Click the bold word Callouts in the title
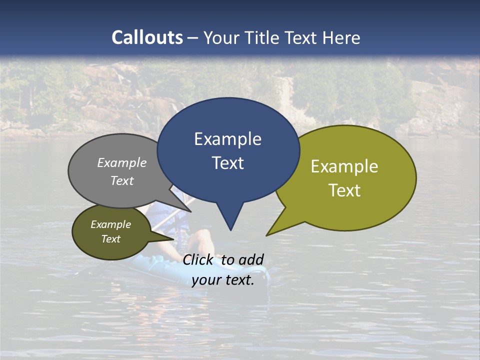[147, 37]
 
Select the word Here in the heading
[342, 37]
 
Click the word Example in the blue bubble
[227, 139]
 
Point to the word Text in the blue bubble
[227, 163]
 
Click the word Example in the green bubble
[344, 166]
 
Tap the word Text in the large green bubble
[344, 190]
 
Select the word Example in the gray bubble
[122, 162]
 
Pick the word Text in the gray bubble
[122, 180]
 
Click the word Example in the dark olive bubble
[110, 224]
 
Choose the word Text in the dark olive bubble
[110, 239]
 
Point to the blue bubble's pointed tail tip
[230, 230]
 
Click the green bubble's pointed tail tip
[266, 235]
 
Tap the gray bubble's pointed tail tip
[190, 211]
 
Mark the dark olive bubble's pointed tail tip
[174, 239]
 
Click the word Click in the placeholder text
[199, 259]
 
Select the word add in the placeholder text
[251, 259]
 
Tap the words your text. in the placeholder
[222, 280]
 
